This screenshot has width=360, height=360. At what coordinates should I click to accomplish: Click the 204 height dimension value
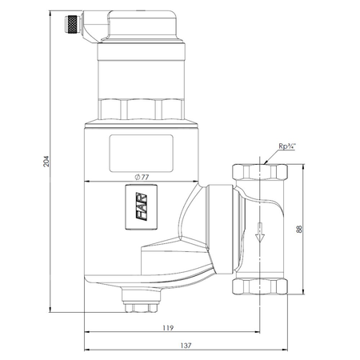coord(46,161)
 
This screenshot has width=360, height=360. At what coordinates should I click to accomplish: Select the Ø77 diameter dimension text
coord(142,177)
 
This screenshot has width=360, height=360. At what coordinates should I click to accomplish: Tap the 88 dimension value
coord(299,229)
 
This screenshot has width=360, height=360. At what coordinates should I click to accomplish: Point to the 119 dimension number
coord(168,327)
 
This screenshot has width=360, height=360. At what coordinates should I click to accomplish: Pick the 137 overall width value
coord(186,346)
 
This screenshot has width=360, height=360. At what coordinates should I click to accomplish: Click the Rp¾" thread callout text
coord(287,146)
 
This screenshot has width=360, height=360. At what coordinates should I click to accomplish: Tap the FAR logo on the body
coord(142,206)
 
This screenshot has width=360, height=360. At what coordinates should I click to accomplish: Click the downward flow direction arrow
coord(260,232)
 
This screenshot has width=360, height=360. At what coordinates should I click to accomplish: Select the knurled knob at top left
coord(73,24)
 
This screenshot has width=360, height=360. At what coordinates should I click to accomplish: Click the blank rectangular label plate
coord(142,154)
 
